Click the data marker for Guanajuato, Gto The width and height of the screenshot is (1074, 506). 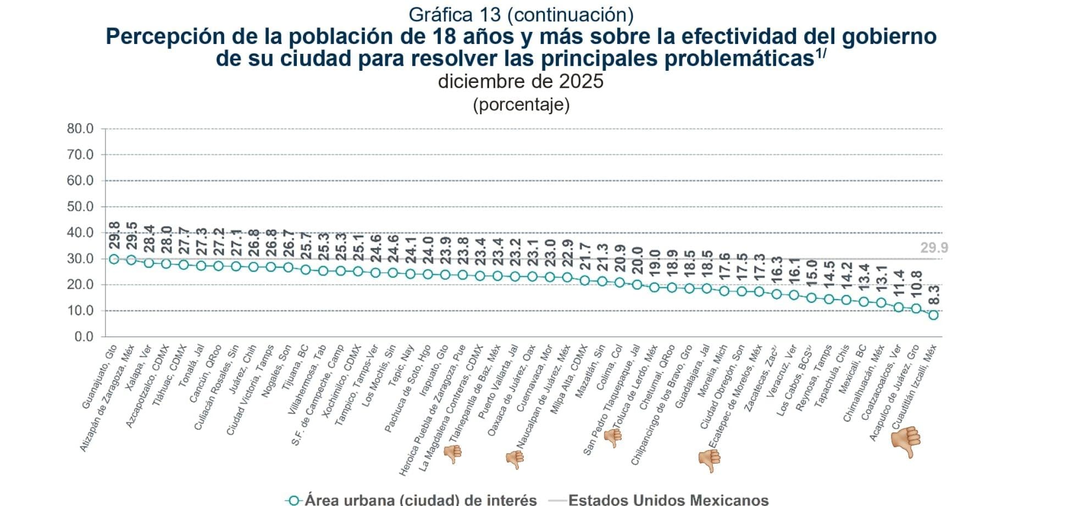click(x=114, y=259)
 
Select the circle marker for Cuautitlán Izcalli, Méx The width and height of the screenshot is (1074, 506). click(x=933, y=315)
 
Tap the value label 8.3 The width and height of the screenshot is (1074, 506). click(x=934, y=295)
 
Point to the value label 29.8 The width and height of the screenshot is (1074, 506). click(x=114, y=235)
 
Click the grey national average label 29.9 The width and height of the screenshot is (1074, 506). click(x=934, y=248)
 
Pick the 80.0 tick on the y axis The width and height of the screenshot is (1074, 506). click(x=80, y=129)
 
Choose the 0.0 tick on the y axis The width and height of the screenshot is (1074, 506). click(x=84, y=336)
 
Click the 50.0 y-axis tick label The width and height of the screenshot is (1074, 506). click(x=80, y=207)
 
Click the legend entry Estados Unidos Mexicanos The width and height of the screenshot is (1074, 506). click(x=668, y=500)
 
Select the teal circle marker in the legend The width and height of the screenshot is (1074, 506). click(x=294, y=501)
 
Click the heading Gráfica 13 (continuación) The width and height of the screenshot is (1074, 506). click(x=521, y=15)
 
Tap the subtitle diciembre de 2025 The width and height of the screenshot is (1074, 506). click(x=521, y=81)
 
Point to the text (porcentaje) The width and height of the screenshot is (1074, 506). click(x=521, y=104)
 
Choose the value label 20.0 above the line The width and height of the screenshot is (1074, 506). click(x=637, y=258)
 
